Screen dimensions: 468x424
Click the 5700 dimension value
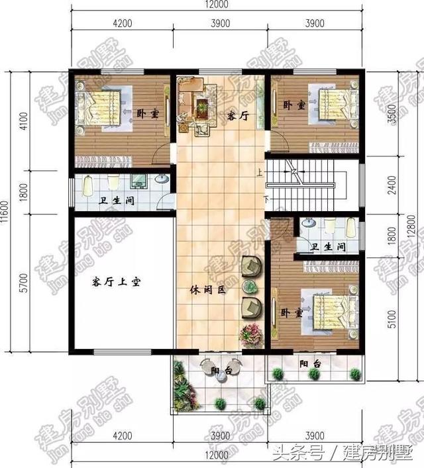point(24,285)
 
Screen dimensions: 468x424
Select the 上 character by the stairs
point(259,174)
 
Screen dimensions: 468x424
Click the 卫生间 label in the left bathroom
point(119,200)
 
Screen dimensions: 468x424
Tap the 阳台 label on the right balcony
point(310,364)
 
